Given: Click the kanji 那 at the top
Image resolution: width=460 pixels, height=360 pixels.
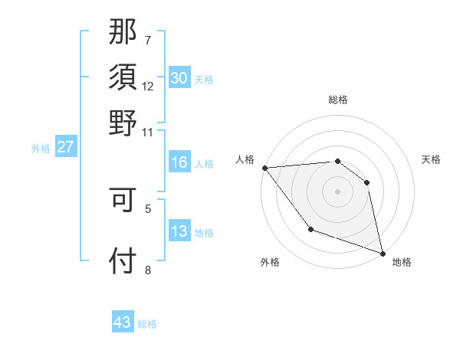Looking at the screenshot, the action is (x=123, y=33).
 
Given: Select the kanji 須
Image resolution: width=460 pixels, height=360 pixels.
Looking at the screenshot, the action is (x=123, y=78).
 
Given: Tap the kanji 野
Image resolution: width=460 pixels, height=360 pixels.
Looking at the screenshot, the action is (x=123, y=123).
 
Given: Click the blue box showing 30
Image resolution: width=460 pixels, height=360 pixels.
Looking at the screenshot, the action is (x=179, y=78).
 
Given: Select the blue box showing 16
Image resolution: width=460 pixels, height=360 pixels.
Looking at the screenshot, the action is (x=179, y=162).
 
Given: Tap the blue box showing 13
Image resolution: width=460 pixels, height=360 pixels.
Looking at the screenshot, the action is (x=179, y=231).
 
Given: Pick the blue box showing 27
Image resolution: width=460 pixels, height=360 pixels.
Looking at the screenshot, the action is (x=65, y=147).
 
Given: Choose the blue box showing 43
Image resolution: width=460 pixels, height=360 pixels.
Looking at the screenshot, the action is (x=123, y=322).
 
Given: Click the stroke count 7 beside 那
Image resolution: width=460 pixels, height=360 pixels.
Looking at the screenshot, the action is (x=148, y=40).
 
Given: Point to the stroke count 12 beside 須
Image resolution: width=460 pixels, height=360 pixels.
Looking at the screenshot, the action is (x=148, y=86).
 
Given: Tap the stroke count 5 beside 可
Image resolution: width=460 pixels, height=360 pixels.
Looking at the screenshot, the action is (x=148, y=207).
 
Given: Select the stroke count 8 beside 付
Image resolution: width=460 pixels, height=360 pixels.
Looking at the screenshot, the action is (x=148, y=270).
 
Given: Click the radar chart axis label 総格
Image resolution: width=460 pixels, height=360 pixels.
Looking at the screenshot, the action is (x=338, y=100).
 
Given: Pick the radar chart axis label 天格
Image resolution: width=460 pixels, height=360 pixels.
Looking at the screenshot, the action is (x=431, y=159).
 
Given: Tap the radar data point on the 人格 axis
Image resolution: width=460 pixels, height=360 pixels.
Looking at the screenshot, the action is (x=264, y=168).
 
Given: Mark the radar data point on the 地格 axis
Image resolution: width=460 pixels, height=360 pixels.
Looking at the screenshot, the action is (x=383, y=252).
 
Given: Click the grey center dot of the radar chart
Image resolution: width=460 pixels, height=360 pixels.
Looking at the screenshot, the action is (x=337, y=191).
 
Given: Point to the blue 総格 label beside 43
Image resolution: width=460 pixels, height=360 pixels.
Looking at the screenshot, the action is (x=147, y=324).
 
